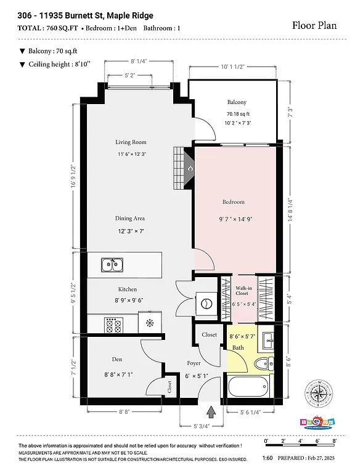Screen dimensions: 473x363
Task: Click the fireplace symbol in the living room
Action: [x=186, y=168]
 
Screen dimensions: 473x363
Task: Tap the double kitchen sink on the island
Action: [x=112, y=265]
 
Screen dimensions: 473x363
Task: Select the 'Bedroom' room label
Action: [x=234, y=202]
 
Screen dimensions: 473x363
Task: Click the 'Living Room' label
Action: [x=130, y=142]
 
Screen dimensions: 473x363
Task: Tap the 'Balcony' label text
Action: [x=236, y=102]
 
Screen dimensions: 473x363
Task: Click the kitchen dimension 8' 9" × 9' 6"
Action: [x=128, y=301]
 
